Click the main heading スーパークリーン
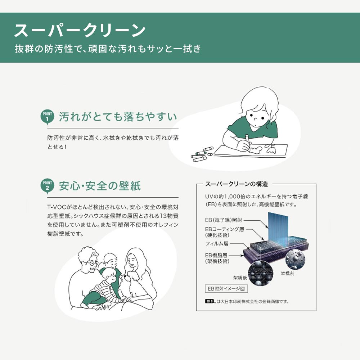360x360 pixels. click(x=80, y=31)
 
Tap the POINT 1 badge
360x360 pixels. click(x=47, y=117)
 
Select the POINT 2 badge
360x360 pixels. click(x=47, y=186)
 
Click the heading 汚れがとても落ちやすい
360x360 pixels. click(x=118, y=117)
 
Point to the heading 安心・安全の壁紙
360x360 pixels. click(x=100, y=186)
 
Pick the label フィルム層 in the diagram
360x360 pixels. click(x=216, y=244)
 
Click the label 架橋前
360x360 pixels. click(x=287, y=273)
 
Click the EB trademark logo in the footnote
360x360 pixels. click(x=210, y=301)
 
